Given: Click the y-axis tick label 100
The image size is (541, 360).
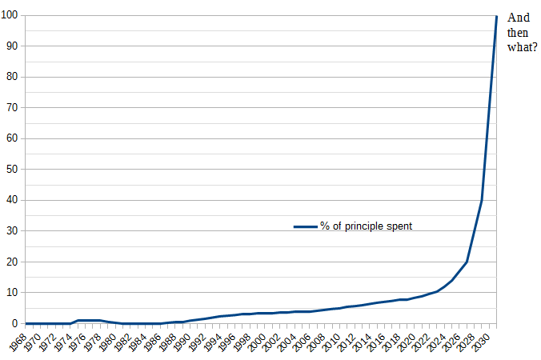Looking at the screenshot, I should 10,16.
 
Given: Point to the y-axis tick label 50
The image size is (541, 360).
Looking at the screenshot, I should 13,170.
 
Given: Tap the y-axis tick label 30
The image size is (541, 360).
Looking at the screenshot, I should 13,231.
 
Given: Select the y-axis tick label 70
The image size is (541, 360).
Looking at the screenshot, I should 13,108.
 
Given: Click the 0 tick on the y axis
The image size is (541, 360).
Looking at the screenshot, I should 15,323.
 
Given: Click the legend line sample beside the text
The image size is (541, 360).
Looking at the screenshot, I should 305,226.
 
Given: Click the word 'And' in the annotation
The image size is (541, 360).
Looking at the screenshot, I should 518,17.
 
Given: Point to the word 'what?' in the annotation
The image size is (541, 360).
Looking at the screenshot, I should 523,46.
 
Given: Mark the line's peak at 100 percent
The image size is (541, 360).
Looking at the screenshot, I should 496,16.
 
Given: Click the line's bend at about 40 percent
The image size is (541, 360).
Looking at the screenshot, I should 482,200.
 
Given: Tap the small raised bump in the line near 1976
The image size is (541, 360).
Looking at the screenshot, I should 88,320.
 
